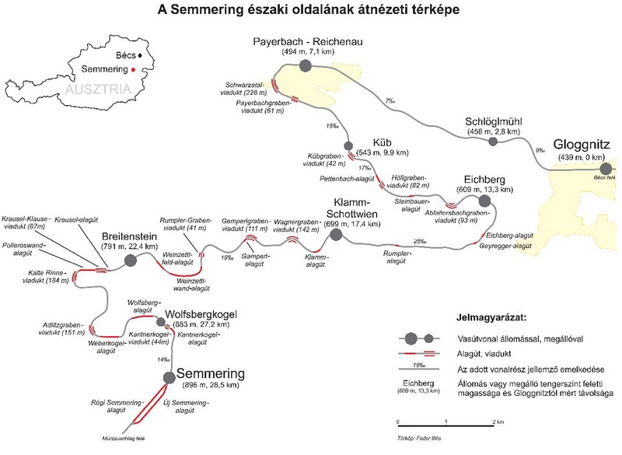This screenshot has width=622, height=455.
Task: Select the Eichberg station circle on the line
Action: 484,201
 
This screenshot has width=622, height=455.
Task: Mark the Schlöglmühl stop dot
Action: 491,142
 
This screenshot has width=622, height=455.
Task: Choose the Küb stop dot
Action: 348,145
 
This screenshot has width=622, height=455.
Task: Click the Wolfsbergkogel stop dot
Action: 160,322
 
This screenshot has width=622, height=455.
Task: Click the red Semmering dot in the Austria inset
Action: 134,70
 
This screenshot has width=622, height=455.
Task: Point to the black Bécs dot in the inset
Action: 137,56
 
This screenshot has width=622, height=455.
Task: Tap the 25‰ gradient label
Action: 420,241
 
